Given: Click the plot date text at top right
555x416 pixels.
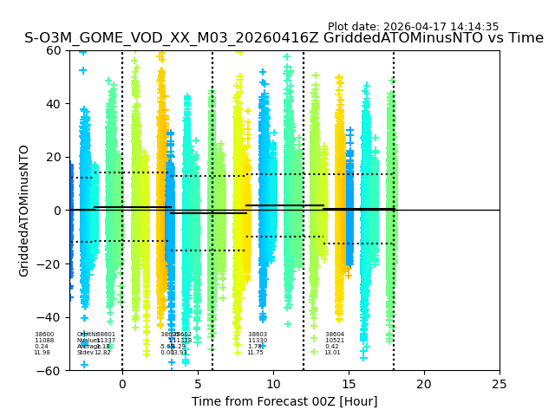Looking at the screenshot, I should click(x=413, y=27).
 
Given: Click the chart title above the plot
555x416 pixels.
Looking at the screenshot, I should click(x=284, y=38).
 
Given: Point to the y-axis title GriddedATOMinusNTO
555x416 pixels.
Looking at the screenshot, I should click(x=24, y=211).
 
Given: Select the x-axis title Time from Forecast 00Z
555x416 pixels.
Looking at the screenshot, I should click(x=284, y=401).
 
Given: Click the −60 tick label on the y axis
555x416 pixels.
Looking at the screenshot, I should click(x=52, y=371).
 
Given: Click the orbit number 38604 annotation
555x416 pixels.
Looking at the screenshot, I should click(x=335, y=335).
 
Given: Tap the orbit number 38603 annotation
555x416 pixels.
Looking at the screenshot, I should click(x=258, y=335).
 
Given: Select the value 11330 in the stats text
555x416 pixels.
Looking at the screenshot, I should click(x=258, y=341).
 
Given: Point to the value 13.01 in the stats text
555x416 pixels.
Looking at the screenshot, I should click(x=332, y=353).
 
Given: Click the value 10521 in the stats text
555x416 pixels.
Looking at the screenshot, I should click(x=335, y=341).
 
